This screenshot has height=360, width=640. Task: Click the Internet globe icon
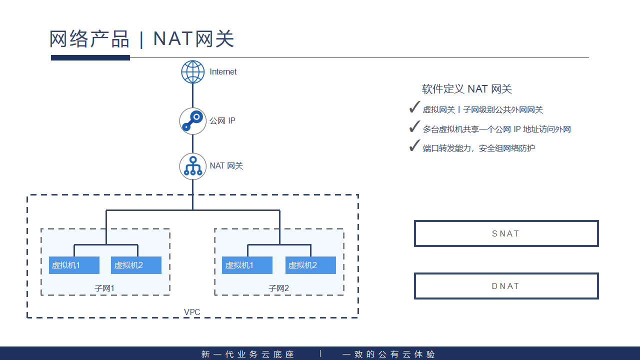pyautogui.click(x=193, y=72)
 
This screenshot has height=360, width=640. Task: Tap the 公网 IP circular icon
pyautogui.click(x=193, y=121)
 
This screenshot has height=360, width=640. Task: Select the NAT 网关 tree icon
pyautogui.click(x=193, y=166)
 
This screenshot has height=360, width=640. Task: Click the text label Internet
pyautogui.click(x=223, y=72)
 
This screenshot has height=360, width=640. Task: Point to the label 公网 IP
pyautogui.click(x=222, y=121)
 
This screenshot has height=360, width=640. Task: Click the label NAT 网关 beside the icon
pyautogui.click(x=226, y=166)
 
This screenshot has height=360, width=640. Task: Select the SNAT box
pyautogui.click(x=506, y=233)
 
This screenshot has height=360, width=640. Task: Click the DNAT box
pyautogui.click(x=506, y=286)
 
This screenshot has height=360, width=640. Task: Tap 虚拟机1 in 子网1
pyautogui.click(x=74, y=265)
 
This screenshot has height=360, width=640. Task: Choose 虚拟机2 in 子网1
pyautogui.click(x=136, y=265)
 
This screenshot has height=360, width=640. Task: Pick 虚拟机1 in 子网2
pyautogui.click(x=247, y=265)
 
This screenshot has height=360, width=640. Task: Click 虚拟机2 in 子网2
pyautogui.click(x=310, y=265)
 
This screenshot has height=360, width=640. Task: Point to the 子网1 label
pyautogui.click(x=104, y=288)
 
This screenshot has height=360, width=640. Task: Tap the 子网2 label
pyautogui.click(x=278, y=288)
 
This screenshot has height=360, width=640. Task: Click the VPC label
pyautogui.click(x=192, y=312)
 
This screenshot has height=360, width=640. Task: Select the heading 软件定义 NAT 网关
pyautogui.click(x=467, y=89)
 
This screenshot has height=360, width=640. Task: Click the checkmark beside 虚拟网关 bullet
pyautogui.click(x=414, y=107)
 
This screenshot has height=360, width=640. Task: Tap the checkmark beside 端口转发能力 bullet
pyautogui.click(x=414, y=146)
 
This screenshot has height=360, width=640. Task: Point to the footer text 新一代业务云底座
pyautogui.click(x=248, y=354)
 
